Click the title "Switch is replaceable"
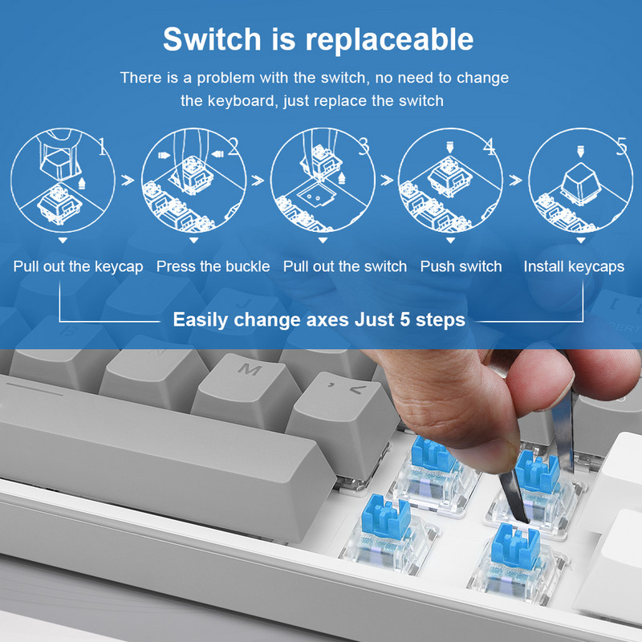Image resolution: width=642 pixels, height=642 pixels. pos(319,38)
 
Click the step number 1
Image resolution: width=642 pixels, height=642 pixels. pos(102,147)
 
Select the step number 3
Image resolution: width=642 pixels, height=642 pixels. pos(363,147)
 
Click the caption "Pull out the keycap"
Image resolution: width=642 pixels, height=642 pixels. pos(78,266)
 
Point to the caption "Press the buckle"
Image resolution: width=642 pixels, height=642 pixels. pos(213,266)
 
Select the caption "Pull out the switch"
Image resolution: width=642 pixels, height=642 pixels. pos(345,266)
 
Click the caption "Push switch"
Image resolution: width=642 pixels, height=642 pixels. pos(461,266)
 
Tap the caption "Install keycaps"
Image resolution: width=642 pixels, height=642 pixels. pos(574,266)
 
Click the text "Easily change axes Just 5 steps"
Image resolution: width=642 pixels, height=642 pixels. pos(319,319)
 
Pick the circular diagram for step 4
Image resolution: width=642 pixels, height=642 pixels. pos(451,181)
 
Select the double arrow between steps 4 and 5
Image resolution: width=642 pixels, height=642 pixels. pos(514,181)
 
